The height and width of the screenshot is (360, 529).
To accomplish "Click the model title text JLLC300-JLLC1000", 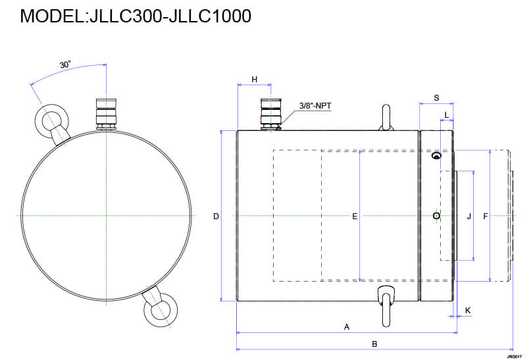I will (136, 16).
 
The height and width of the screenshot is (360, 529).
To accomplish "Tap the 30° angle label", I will (65, 64).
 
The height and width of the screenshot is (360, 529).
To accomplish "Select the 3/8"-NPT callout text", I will (316, 105).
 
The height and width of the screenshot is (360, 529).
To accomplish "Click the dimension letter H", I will (254, 80).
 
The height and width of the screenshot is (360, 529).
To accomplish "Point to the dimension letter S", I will (436, 97).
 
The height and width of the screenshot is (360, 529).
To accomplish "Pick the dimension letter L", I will (447, 115).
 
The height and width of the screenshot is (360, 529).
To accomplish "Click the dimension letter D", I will (216, 216).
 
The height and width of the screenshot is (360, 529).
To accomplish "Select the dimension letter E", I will (355, 216).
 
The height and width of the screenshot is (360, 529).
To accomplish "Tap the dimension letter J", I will (468, 216).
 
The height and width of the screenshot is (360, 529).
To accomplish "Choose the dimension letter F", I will (486, 216).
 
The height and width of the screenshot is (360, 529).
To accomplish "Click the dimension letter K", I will (468, 309).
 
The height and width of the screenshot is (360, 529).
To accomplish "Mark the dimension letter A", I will (347, 326).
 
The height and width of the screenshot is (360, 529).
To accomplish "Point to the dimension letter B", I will (374, 344).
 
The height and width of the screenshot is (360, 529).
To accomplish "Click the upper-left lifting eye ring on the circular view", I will (49, 121).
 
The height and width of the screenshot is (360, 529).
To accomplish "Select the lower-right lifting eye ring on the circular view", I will (161, 308).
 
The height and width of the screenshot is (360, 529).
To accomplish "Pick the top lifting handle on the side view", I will (386, 118).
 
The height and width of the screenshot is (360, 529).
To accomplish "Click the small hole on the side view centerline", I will (436, 216).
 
